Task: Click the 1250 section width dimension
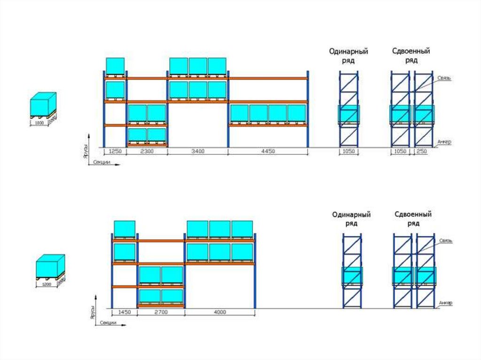(x=115, y=151)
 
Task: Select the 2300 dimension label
(x=147, y=151)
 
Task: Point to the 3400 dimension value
(x=197, y=151)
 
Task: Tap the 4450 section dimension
(x=268, y=151)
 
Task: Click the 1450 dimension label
(x=124, y=312)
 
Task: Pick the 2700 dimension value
(x=161, y=312)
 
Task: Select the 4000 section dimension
(x=219, y=312)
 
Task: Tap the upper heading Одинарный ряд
(x=348, y=56)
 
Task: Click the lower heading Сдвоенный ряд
(x=413, y=219)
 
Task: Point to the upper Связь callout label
(x=444, y=78)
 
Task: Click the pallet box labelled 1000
(x=43, y=105)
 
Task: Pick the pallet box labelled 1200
(x=50, y=268)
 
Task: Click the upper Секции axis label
(x=101, y=162)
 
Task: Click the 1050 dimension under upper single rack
(x=349, y=151)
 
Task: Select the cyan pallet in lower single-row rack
(x=352, y=276)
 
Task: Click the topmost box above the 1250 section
(x=115, y=66)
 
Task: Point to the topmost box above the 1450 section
(x=125, y=230)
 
